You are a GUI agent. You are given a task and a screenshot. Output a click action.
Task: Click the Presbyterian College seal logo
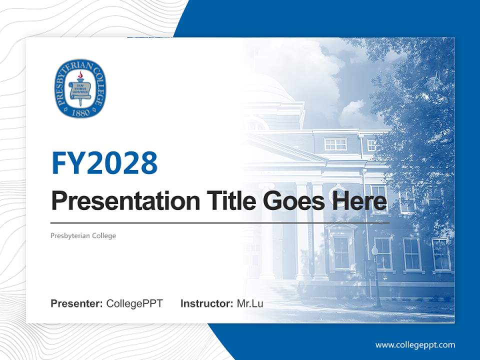[x=80, y=89]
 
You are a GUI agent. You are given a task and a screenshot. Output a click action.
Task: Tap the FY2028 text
[x=104, y=162]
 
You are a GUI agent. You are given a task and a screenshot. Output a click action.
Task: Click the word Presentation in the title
[x=118, y=201]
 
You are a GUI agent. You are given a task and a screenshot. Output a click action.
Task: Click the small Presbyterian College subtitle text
[x=83, y=235]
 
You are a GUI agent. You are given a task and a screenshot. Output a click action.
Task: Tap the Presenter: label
[x=77, y=303]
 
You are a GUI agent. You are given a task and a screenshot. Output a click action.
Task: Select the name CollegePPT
[x=134, y=303]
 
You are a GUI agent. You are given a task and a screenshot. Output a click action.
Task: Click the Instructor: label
[x=206, y=303]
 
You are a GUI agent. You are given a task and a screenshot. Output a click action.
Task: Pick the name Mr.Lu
[x=249, y=303]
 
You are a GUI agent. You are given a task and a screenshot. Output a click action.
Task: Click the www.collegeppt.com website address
[x=415, y=345]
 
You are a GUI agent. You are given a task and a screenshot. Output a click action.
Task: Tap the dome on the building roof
[x=270, y=87]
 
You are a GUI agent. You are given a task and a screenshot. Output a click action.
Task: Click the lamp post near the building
[x=376, y=275]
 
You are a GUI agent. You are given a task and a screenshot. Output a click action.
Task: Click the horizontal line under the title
[x=220, y=222]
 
